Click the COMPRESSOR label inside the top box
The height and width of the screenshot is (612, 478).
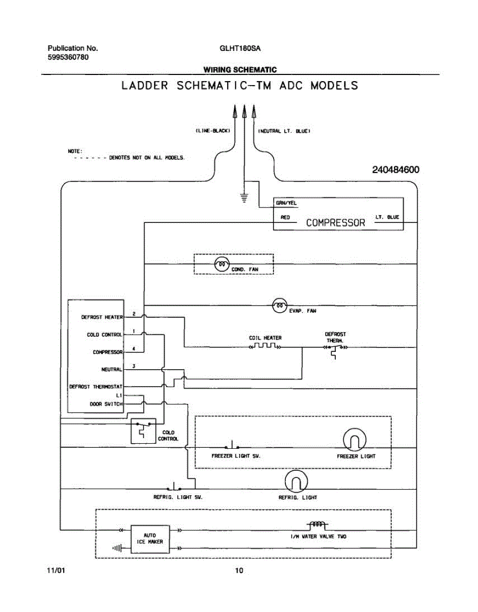335,223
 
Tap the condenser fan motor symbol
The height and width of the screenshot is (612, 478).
222,264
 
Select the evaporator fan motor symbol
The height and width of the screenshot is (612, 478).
280,305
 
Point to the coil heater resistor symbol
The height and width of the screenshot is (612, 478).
265,345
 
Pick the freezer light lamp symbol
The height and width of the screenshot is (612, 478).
355,440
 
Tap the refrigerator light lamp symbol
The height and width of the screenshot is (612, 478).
296,481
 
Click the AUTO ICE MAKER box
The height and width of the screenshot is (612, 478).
150,539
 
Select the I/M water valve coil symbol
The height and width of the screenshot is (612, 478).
317,525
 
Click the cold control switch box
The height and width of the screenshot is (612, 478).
143,431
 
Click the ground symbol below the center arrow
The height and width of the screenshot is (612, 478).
245,198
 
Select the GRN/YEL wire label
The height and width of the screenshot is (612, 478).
286,203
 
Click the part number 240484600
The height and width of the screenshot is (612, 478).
395,170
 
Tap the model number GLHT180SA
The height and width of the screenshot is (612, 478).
240,48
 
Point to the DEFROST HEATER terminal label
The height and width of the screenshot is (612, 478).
102,317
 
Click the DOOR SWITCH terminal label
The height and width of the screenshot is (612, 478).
106,404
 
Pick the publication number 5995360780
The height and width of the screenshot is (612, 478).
68,57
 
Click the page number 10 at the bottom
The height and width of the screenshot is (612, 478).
239,571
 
